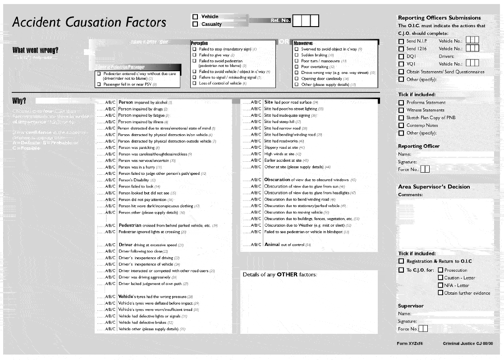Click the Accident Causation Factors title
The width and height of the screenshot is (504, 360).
tap(89, 23)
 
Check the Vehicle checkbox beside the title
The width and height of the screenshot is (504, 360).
tap(195, 17)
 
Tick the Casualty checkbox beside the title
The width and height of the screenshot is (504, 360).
tap(195, 24)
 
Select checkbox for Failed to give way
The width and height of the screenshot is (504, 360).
tap(194, 55)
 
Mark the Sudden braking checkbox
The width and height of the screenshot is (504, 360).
tap(296, 55)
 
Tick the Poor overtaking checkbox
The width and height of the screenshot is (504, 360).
tap(296, 67)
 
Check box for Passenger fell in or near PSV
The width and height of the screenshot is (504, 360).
tap(99, 84)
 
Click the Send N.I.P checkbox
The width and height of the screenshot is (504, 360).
tap(401, 41)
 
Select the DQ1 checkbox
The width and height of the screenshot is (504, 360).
tap(401, 57)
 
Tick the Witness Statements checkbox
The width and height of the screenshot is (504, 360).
tap(401, 110)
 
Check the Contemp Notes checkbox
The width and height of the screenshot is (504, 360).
tap(401, 125)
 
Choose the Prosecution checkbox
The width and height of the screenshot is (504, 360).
tap(440, 270)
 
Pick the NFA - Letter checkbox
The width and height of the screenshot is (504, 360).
tap(440, 285)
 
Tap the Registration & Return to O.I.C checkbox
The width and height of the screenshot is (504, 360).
tap(401, 261)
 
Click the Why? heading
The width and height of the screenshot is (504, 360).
tap(19, 100)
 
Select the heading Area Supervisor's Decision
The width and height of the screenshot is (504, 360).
tap(434, 187)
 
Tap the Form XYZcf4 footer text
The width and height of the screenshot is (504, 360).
tap(409, 344)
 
